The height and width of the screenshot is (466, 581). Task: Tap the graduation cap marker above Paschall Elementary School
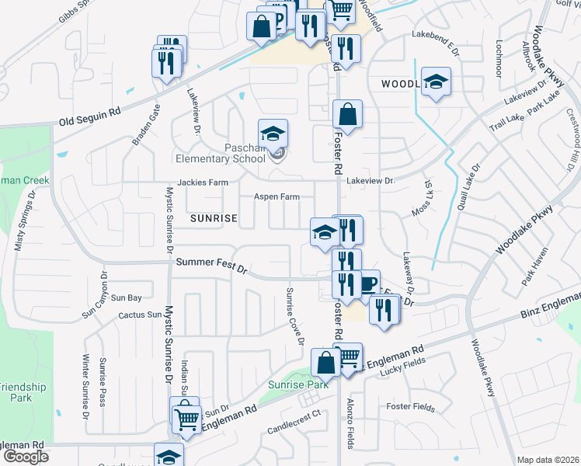coord(273,134)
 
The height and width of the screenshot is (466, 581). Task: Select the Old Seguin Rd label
coord(90,117)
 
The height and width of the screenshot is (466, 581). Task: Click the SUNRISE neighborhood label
coord(214,219)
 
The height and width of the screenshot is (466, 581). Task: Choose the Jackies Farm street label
coord(203,183)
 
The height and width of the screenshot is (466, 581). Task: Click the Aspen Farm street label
coord(277,197)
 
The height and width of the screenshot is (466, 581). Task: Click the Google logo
coord(26,457)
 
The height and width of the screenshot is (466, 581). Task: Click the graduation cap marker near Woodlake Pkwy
coord(437,82)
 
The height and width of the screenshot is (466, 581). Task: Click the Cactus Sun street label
coord(139,315)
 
